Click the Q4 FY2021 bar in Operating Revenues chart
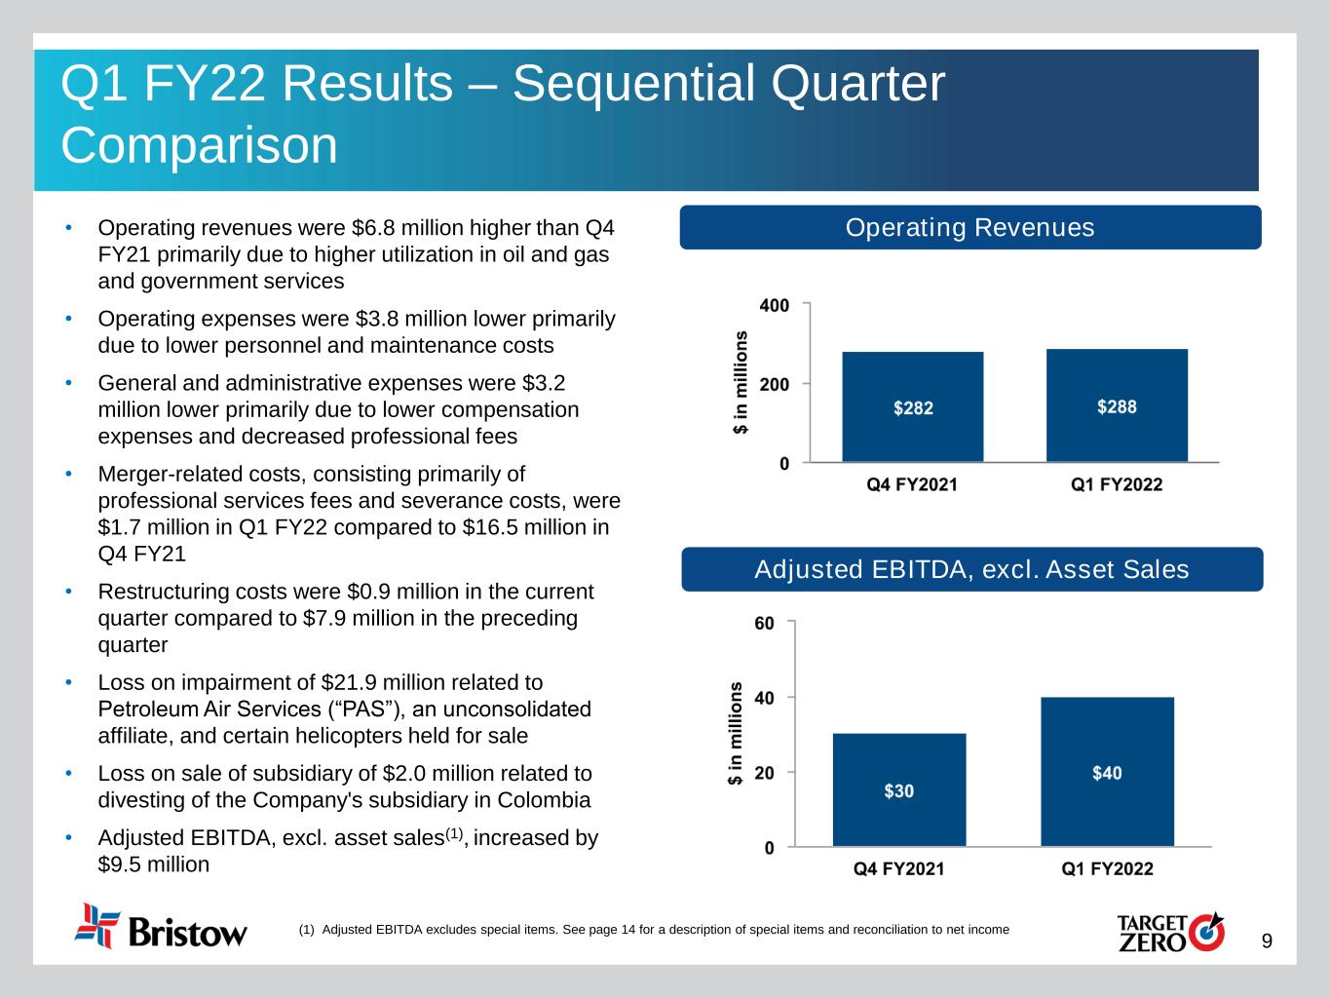point(912,406)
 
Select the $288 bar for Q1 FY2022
point(1117,405)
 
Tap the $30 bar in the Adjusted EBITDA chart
point(898,789)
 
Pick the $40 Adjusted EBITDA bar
point(1107,772)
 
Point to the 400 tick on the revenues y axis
point(775,305)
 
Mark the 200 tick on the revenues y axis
point(775,384)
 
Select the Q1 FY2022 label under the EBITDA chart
point(1107,868)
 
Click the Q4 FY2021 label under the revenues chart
point(912,484)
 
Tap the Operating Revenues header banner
point(969,227)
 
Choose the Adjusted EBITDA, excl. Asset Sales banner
point(971,569)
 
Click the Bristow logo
point(161,927)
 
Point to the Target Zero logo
point(1170,931)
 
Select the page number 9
point(1267,940)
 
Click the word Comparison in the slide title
point(199,145)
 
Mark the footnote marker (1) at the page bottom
point(306,929)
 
